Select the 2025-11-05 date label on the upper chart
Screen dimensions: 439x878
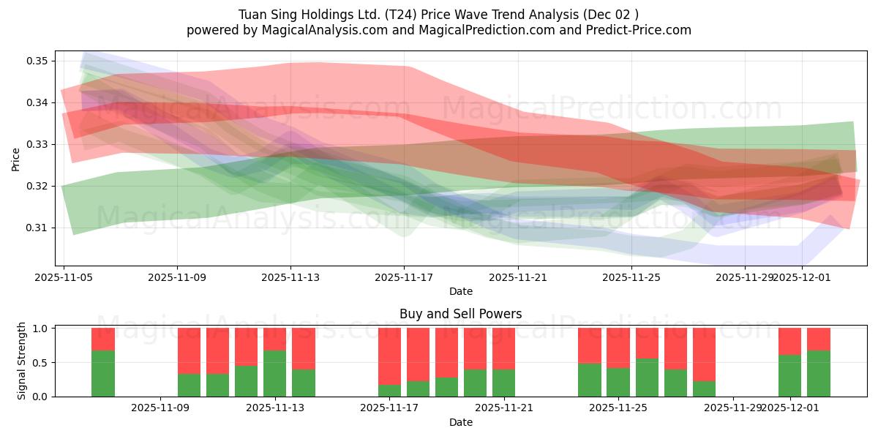click(x=64, y=278)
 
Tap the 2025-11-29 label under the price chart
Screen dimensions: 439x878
click(x=745, y=278)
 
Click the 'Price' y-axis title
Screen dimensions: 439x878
click(x=16, y=159)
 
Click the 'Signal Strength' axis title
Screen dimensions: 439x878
click(x=22, y=361)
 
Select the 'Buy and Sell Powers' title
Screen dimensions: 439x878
click(x=460, y=314)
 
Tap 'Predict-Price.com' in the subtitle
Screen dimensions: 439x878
click(x=637, y=30)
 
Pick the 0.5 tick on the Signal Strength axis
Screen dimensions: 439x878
click(x=40, y=362)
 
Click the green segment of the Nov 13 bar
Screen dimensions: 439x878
click(x=274, y=373)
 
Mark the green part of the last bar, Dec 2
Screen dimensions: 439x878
click(x=818, y=373)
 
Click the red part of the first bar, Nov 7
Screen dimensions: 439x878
click(x=103, y=339)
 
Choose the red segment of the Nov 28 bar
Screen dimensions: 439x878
click(x=704, y=354)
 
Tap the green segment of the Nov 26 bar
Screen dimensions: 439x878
click(x=647, y=378)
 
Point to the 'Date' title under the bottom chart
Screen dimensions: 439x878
click(x=460, y=422)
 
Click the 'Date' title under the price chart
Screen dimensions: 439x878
click(x=460, y=291)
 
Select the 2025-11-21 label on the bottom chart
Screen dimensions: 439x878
click(x=503, y=408)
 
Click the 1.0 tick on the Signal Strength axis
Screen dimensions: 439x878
click(x=40, y=329)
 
